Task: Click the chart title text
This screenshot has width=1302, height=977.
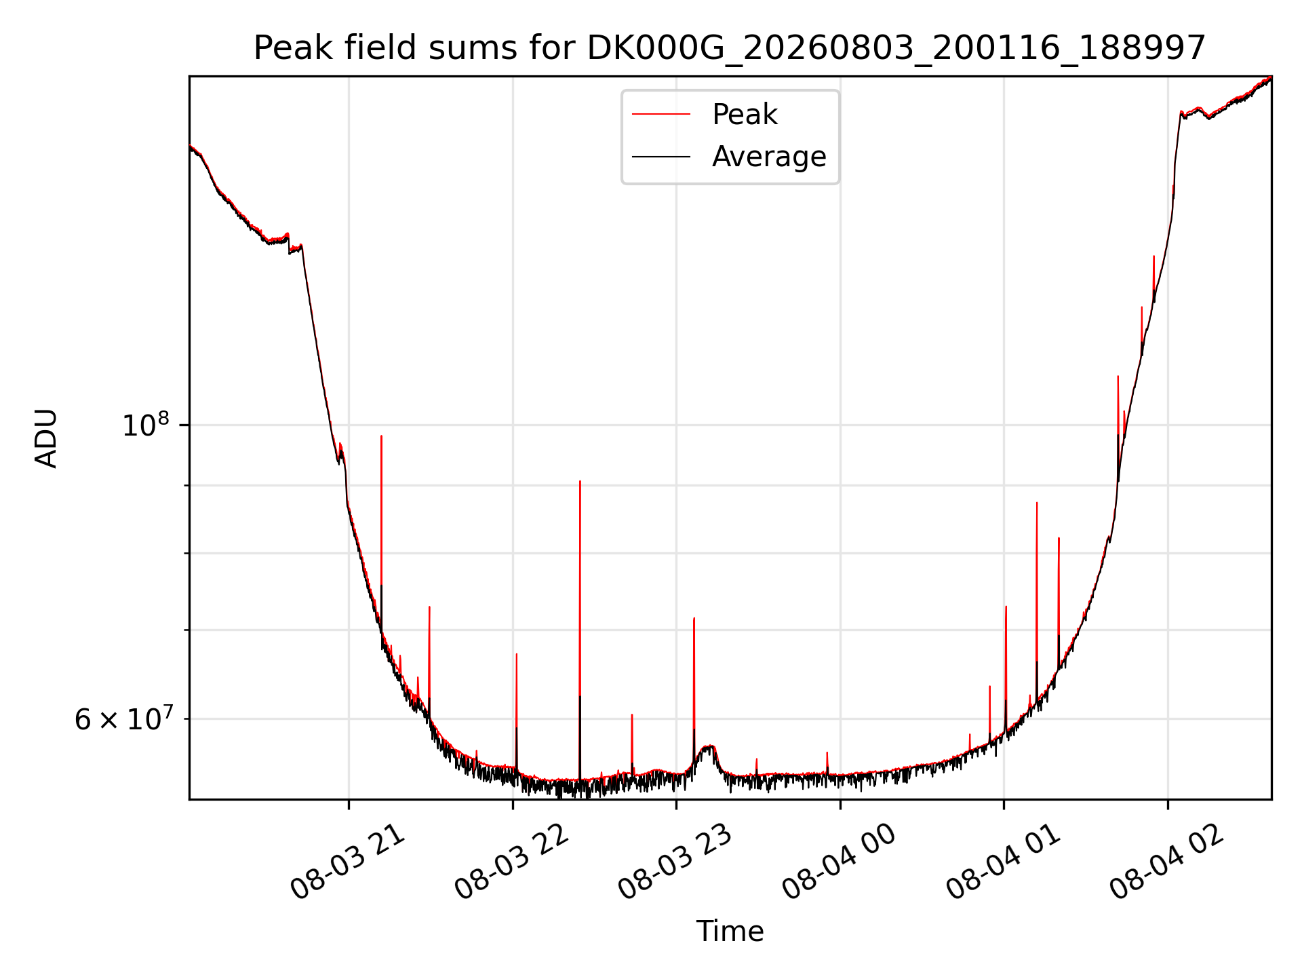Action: click(730, 48)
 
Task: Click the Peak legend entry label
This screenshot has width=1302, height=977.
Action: click(745, 115)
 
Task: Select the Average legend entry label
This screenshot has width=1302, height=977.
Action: click(769, 157)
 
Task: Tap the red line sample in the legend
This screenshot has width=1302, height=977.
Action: click(661, 115)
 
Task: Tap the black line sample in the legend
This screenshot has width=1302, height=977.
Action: click(661, 157)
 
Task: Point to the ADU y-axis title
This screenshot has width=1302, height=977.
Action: click(46, 438)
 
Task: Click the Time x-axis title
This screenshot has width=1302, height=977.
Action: click(730, 932)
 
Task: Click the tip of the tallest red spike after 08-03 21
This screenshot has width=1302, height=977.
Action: click(381, 436)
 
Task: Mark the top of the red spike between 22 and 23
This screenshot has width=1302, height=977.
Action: click(580, 481)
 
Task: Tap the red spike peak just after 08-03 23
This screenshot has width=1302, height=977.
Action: click(694, 618)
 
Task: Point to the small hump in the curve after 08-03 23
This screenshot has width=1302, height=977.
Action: click(709, 747)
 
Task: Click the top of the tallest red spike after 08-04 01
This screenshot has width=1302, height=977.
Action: click(1037, 503)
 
